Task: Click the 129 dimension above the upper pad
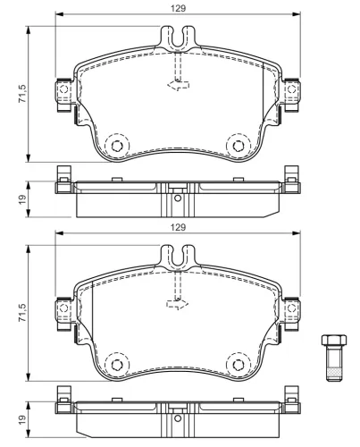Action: coord(178,7)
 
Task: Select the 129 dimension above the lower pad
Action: coord(178,229)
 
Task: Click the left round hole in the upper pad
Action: coord(114,146)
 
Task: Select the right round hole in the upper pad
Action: coord(238,146)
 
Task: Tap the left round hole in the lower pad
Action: coord(114,365)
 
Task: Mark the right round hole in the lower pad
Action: coord(238,365)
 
